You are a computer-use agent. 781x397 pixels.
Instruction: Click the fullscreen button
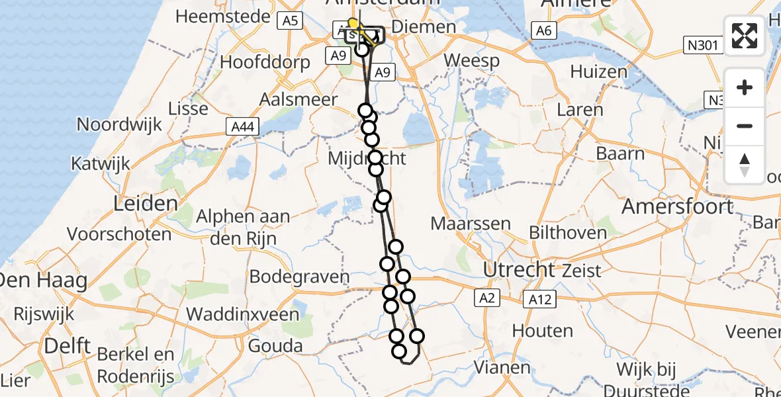tap(745, 36)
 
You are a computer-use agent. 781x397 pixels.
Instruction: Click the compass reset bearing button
tap(745, 165)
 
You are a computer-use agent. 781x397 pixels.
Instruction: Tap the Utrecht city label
tap(518, 269)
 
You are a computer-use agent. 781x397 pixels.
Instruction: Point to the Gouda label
tap(275, 345)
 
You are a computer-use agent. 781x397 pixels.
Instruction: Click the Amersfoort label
tap(677, 206)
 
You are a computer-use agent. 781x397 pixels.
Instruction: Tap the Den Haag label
tap(44, 281)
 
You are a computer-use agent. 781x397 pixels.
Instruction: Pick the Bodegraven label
tap(299, 277)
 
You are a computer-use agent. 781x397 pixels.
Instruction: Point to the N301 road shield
tap(702, 45)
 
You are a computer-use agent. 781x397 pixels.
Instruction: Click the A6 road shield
tap(543, 30)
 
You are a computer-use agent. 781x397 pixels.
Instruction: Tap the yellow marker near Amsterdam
tap(353, 24)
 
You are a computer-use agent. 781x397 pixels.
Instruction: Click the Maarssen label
tap(471, 223)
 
